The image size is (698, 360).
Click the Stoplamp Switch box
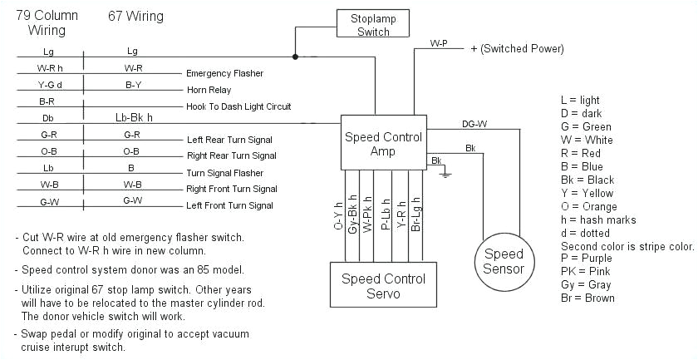pos(373,23)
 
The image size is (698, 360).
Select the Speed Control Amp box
pos(383,144)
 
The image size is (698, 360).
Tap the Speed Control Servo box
pos(383,286)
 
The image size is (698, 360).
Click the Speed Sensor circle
pos(504,261)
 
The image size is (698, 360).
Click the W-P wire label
pos(440,42)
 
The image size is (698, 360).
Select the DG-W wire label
pos(474,124)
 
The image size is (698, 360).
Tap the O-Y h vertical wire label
pos(338,215)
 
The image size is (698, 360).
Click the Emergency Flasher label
pos(225,73)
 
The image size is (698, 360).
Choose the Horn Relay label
pos(209,90)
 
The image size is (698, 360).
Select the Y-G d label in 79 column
pos(49,84)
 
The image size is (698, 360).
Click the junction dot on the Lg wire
pos(294,57)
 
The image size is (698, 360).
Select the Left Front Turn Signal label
pos(230,205)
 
